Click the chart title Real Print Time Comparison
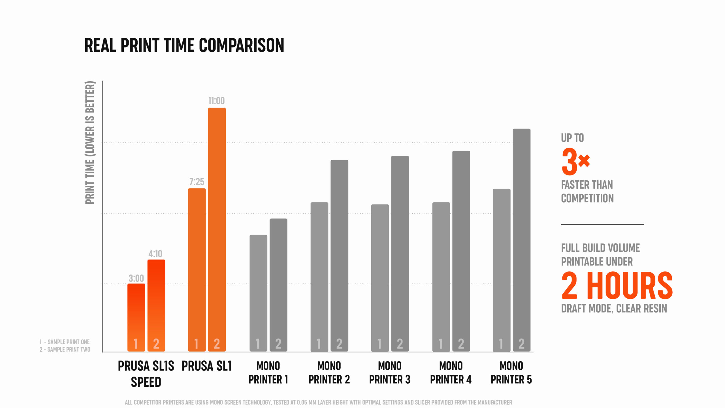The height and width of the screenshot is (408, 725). [184, 45]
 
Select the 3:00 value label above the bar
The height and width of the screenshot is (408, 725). [136, 278]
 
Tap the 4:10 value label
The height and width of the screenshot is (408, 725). [155, 254]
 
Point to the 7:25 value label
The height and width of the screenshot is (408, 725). [197, 182]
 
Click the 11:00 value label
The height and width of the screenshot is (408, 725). [217, 101]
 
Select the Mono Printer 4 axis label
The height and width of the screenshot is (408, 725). [451, 373]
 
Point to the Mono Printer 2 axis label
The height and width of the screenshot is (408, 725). [329, 373]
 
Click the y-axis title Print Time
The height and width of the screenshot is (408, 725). [90, 143]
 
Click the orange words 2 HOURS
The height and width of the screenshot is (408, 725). [617, 286]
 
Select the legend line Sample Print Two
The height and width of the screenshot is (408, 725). [65, 350]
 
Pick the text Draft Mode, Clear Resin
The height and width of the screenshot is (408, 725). [614, 309]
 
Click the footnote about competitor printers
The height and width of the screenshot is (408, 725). [318, 402]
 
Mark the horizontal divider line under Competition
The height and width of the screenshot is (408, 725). [602, 224]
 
